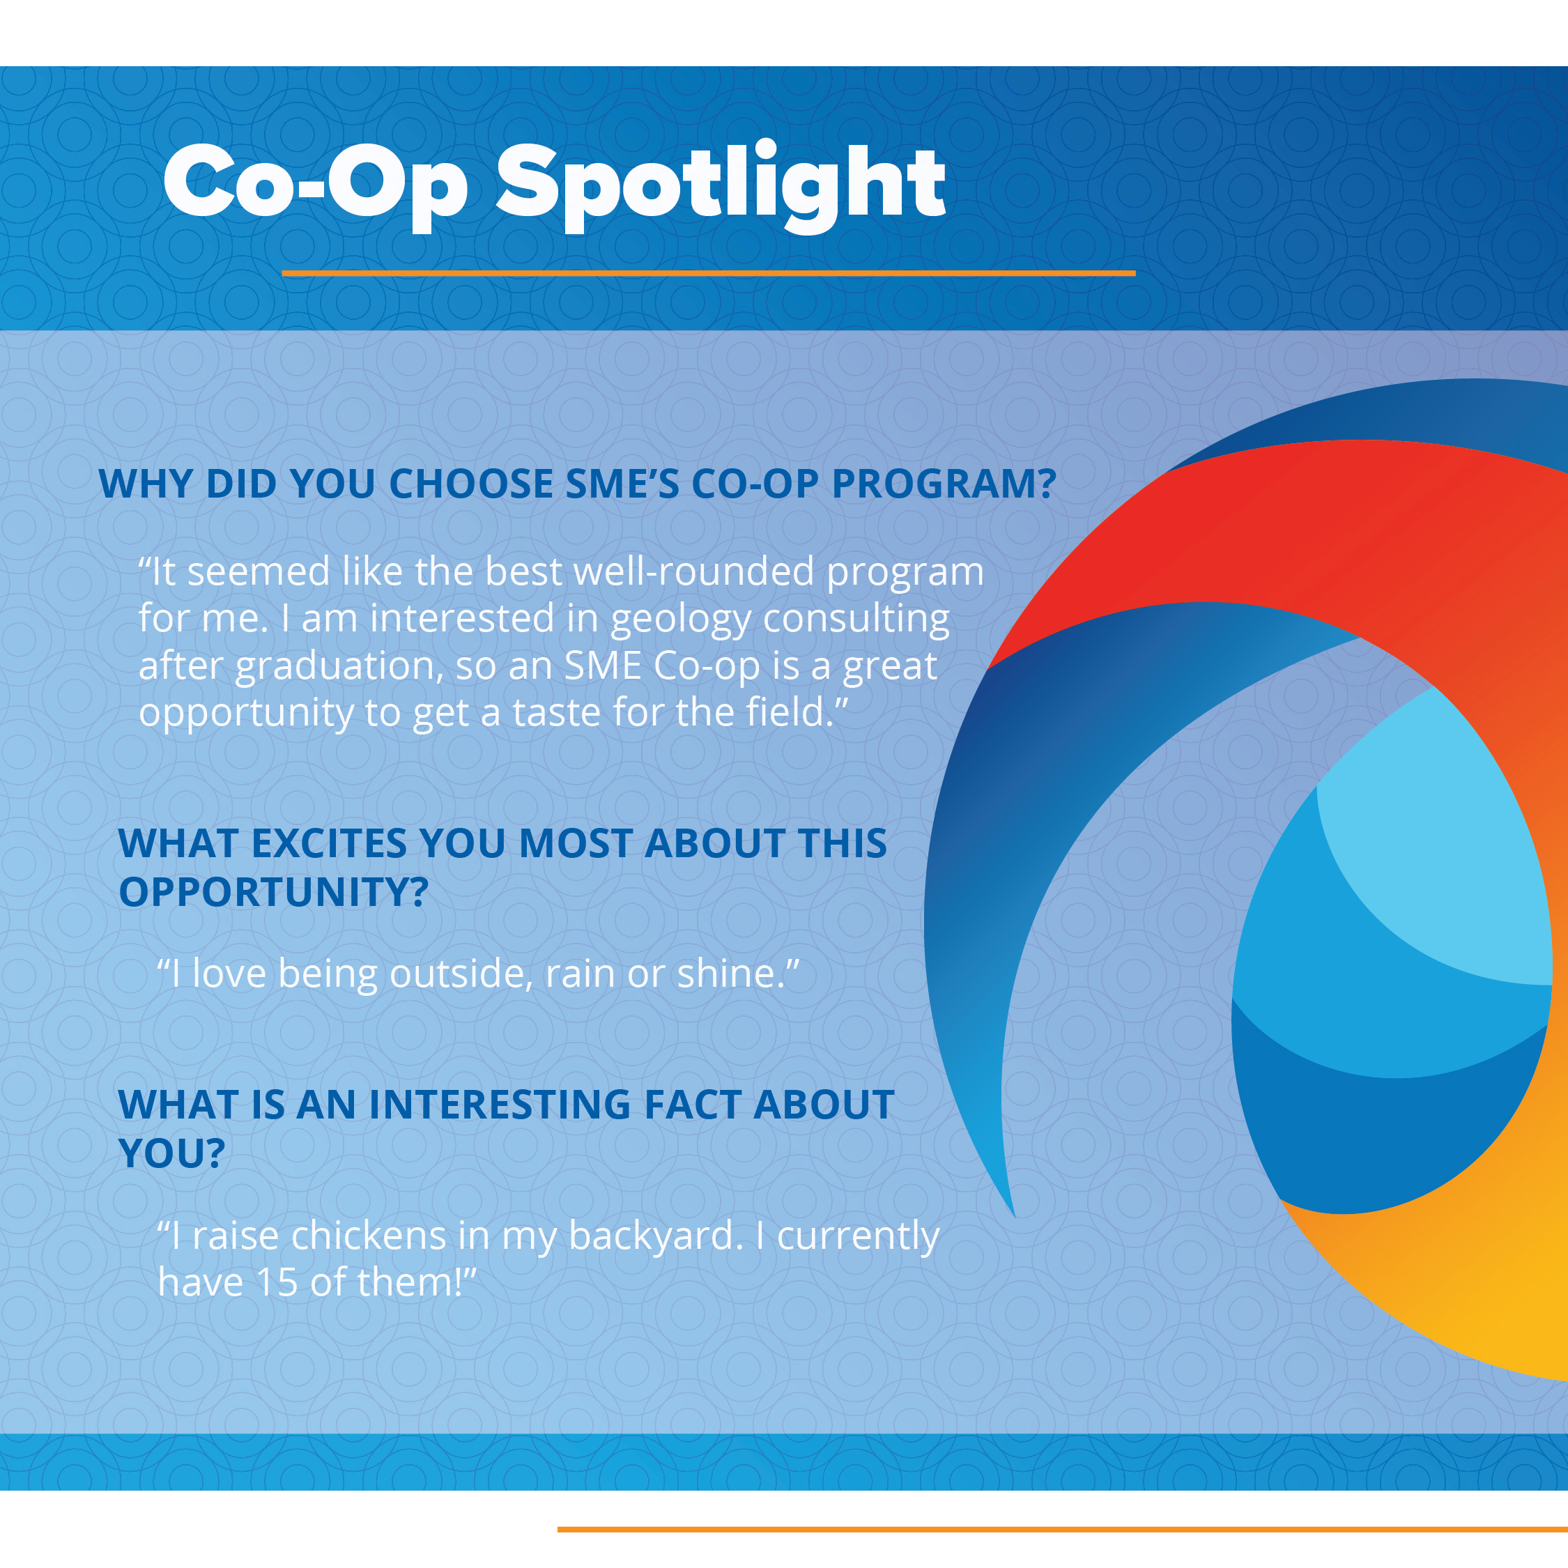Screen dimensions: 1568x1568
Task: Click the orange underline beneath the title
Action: click(x=708, y=273)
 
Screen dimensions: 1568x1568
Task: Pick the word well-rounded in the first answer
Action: click(x=694, y=571)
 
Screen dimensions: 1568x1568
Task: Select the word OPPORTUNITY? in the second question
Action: click(x=273, y=892)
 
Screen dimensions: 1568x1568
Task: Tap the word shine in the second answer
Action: click(x=725, y=974)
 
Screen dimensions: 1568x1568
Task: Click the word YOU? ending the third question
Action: click(x=171, y=1153)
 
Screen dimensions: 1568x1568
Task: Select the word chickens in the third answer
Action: click(x=369, y=1236)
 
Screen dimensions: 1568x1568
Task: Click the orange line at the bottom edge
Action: click(x=1062, y=1529)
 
